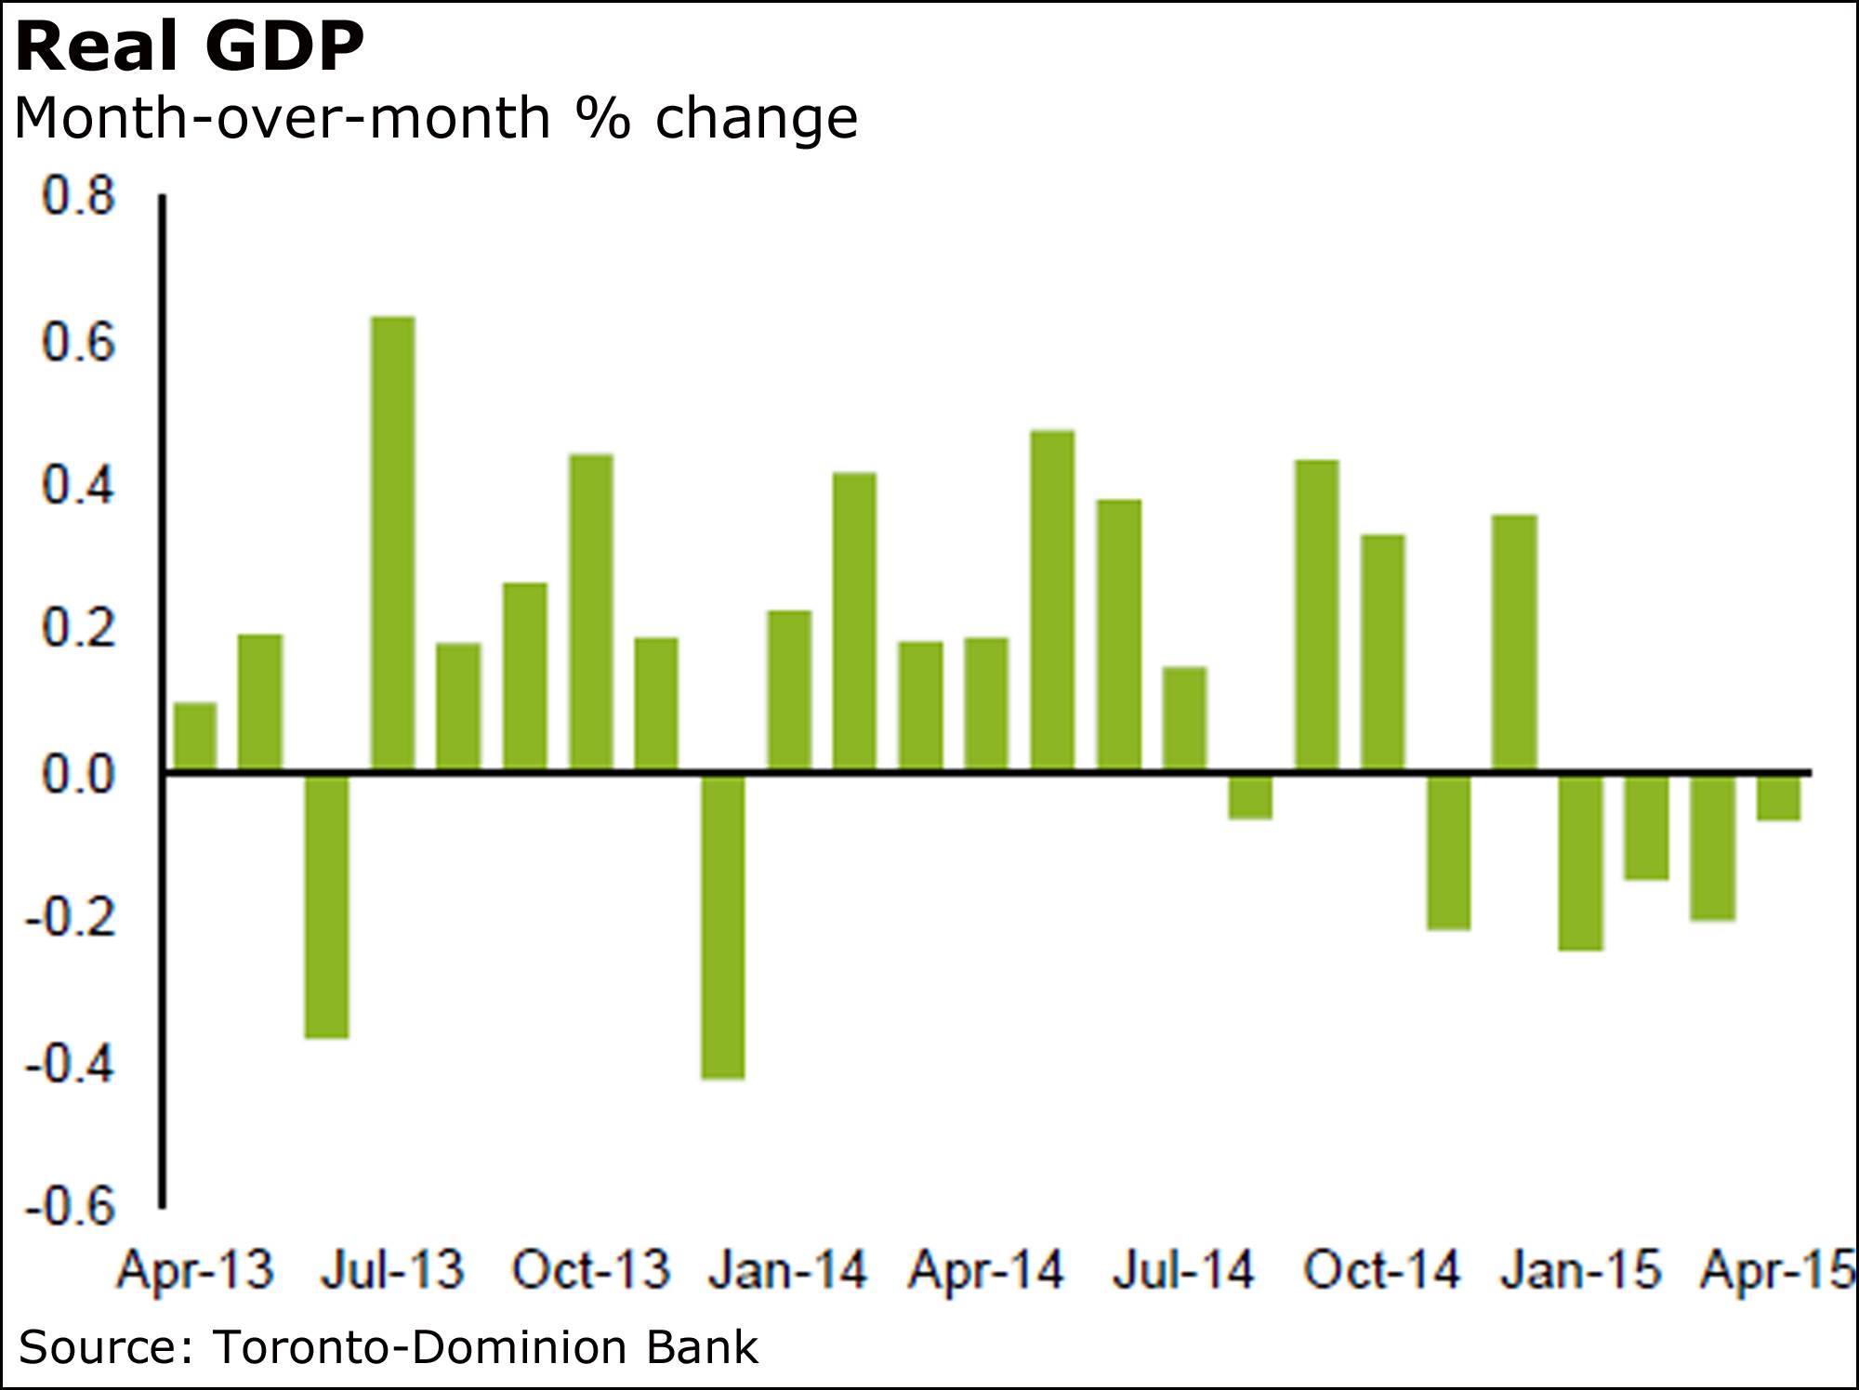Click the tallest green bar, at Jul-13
(x=392, y=544)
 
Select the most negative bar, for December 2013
(x=722, y=925)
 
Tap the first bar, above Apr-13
(x=195, y=737)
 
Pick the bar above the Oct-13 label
(x=590, y=612)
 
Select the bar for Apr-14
(x=986, y=704)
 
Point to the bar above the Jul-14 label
(x=1184, y=719)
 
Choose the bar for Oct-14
(x=1382, y=653)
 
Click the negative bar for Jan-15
(x=1580, y=861)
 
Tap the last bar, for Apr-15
(x=1777, y=797)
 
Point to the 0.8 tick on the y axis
(x=78, y=197)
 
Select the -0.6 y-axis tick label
(x=71, y=1207)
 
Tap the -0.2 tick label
(x=71, y=918)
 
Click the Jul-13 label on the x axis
(x=392, y=1269)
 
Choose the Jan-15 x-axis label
(x=1580, y=1269)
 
